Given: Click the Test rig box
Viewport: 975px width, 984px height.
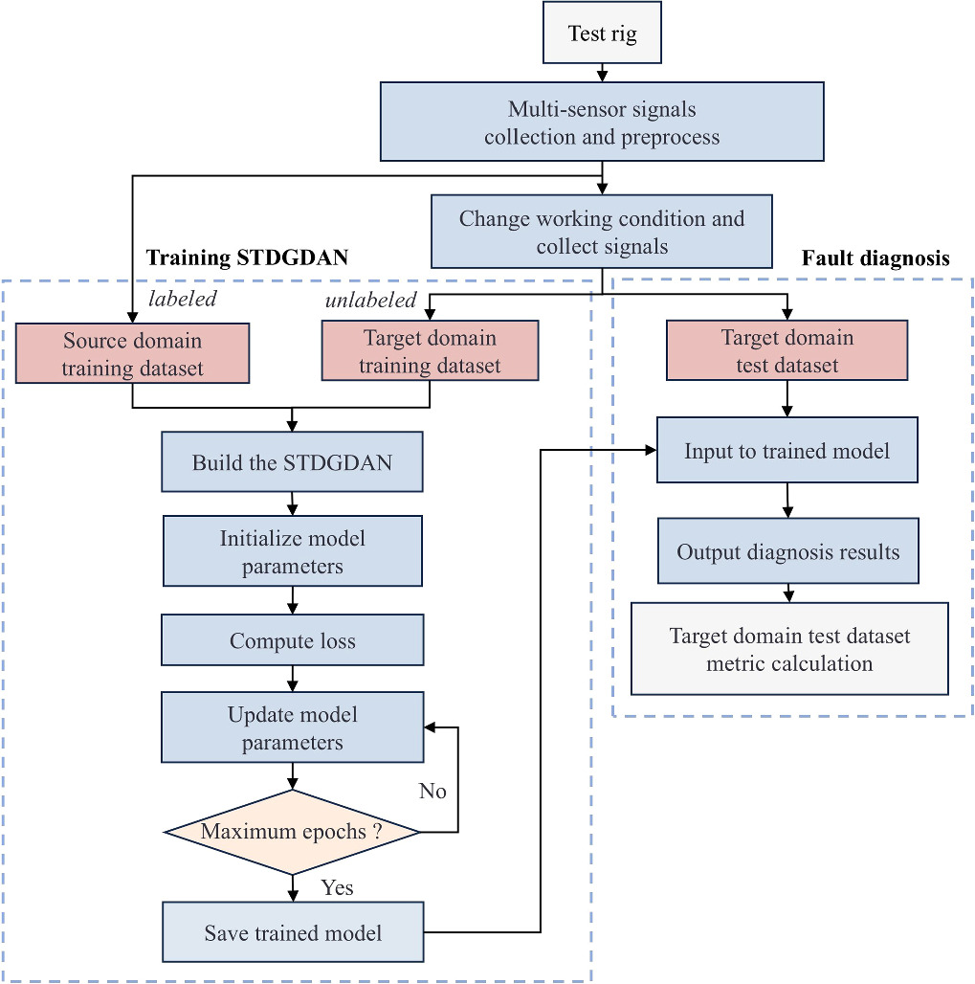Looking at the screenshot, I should coord(602,34).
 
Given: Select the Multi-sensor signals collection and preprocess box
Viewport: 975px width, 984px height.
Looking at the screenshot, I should coord(602,122).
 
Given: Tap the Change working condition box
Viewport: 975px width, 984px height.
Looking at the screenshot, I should coord(602,232).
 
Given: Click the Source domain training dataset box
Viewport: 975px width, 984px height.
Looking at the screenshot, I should coord(132,354).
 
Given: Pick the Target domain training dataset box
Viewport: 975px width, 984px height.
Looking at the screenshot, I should coord(430,351).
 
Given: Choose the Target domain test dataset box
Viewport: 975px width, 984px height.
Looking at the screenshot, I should coord(787,351).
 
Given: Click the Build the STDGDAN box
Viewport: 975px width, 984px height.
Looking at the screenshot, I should coord(292,463).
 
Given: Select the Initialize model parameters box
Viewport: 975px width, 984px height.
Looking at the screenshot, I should coord(292,551).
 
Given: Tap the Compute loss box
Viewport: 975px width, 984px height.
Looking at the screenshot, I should coord(292,640).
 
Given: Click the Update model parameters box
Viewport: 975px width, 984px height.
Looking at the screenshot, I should coord(292,727).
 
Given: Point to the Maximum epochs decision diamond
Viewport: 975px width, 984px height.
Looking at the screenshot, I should coord(292,832).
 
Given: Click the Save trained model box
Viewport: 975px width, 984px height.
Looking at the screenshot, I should coord(292,932).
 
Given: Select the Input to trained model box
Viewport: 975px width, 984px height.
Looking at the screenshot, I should coord(787,451).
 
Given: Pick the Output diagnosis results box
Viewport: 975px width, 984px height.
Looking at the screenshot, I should coord(787,551).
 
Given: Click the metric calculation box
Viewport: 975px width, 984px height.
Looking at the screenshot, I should coord(789,649).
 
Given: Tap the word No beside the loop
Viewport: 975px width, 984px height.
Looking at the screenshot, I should coord(432,792).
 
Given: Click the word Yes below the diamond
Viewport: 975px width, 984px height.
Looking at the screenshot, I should coord(337,887).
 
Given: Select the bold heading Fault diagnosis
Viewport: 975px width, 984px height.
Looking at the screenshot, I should coord(875,258).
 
